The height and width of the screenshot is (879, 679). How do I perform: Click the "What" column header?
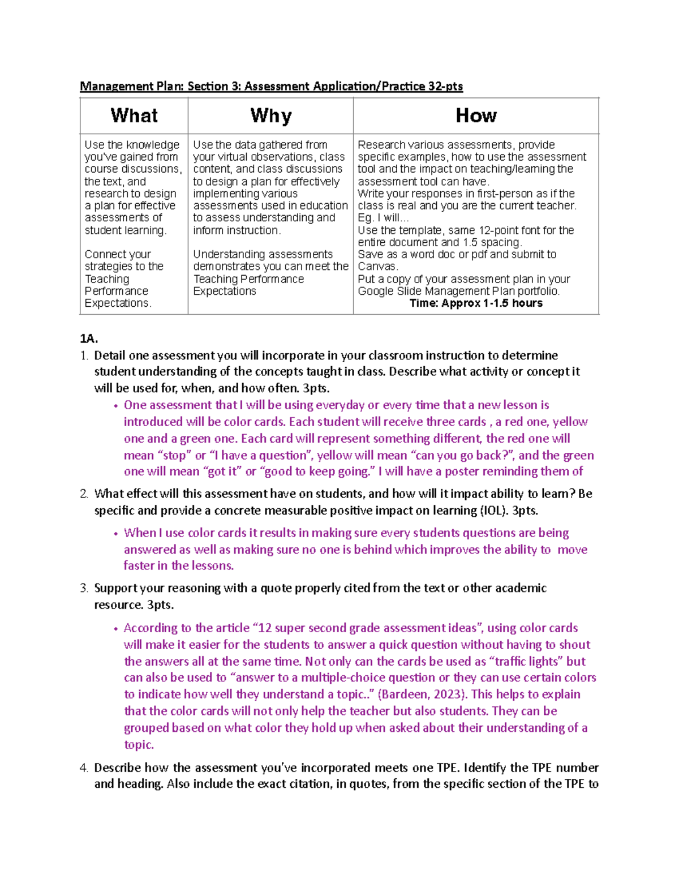[134, 116]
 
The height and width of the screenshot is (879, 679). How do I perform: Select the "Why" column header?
[270, 116]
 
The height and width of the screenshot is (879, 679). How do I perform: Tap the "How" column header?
[476, 116]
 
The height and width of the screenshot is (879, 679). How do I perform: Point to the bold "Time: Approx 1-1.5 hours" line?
[476, 303]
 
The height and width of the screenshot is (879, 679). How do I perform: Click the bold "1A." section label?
[89, 339]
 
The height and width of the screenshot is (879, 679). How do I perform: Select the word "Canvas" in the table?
[377, 267]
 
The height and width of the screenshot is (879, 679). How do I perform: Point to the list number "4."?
[84, 768]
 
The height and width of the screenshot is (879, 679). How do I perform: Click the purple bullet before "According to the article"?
[115, 629]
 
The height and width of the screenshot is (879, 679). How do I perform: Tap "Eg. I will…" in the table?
[383, 218]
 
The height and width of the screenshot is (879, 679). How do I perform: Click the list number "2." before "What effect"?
[84, 494]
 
